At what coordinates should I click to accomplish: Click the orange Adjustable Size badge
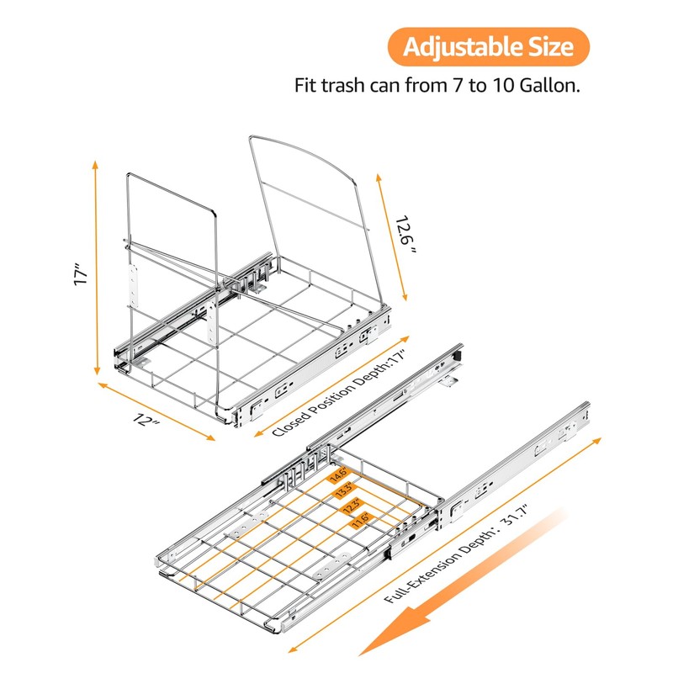489,47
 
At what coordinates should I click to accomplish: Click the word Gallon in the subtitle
549,86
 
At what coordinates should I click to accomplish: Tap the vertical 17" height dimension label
80,275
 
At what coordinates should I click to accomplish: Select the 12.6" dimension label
405,236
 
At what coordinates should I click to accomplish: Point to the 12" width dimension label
146,419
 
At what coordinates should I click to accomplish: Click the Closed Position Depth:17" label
339,393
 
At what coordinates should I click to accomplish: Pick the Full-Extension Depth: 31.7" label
456,554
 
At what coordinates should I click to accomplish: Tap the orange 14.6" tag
339,474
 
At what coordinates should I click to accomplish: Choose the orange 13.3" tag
345,490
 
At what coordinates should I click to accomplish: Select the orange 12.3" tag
352,506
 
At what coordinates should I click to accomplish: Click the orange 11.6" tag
361,520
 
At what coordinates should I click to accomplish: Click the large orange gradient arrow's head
395,631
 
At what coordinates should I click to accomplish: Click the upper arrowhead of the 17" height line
95,165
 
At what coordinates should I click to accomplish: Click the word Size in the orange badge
551,47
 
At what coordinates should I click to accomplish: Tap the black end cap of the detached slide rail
458,356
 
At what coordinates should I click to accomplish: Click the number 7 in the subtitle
458,86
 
